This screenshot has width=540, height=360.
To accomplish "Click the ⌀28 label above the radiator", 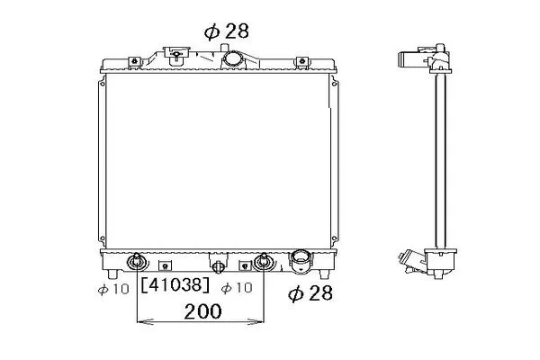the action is [226, 31].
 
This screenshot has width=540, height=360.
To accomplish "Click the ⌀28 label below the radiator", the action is [310, 293].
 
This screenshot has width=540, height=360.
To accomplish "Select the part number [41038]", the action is [175, 285].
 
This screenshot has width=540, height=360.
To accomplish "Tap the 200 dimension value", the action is [202, 311].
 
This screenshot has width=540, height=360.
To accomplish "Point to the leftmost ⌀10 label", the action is [113, 289].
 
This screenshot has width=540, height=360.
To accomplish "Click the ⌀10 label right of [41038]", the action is [237, 288].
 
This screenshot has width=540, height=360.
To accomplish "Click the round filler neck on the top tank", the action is [233, 58].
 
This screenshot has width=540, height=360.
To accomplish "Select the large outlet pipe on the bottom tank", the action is [301, 262].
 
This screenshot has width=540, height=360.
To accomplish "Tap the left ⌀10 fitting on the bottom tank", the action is [137, 263].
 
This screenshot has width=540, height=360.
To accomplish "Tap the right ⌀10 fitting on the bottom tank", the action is [264, 263].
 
